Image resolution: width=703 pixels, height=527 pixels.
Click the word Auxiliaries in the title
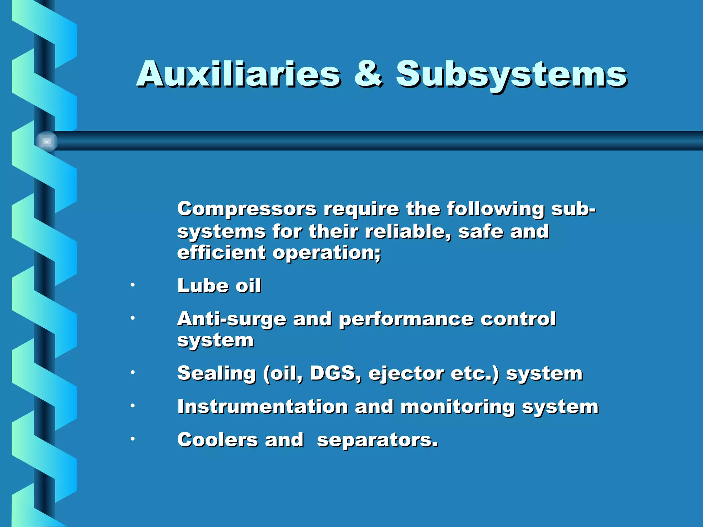[x=239, y=74]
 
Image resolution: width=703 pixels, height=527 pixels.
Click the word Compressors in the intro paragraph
[x=247, y=209]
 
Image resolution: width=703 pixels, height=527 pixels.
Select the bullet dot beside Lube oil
[x=132, y=285]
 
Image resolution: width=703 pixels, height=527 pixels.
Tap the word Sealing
[x=216, y=374]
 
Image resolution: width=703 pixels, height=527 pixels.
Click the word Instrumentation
[x=263, y=407]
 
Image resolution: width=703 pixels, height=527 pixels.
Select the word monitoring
[x=458, y=407]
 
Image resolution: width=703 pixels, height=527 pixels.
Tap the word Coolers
[x=218, y=440]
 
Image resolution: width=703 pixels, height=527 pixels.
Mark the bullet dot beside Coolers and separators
[x=132, y=438]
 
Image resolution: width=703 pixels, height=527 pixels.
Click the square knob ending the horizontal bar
[x=47, y=141]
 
